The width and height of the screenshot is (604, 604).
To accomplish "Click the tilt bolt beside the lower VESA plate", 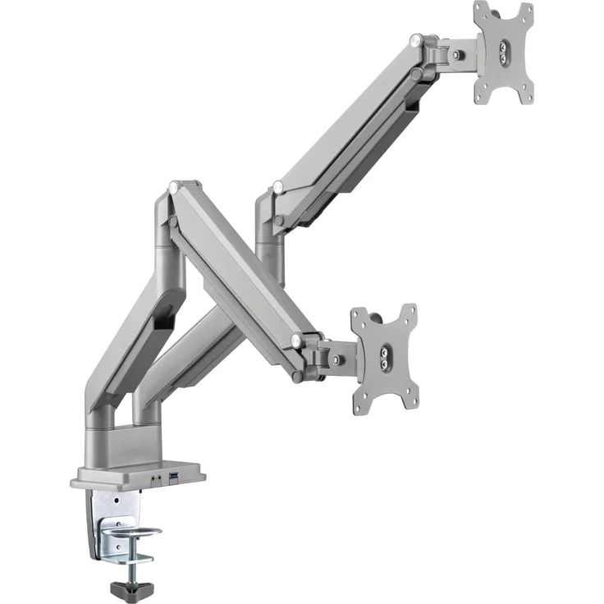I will (x=336, y=359).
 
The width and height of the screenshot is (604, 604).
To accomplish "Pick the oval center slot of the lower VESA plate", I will (x=384, y=359).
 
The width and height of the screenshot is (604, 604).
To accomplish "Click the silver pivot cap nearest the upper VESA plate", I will (x=418, y=38).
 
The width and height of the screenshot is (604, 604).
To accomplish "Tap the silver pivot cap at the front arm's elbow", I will (x=173, y=188).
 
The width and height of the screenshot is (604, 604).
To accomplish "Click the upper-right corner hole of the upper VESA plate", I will (x=525, y=12).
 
